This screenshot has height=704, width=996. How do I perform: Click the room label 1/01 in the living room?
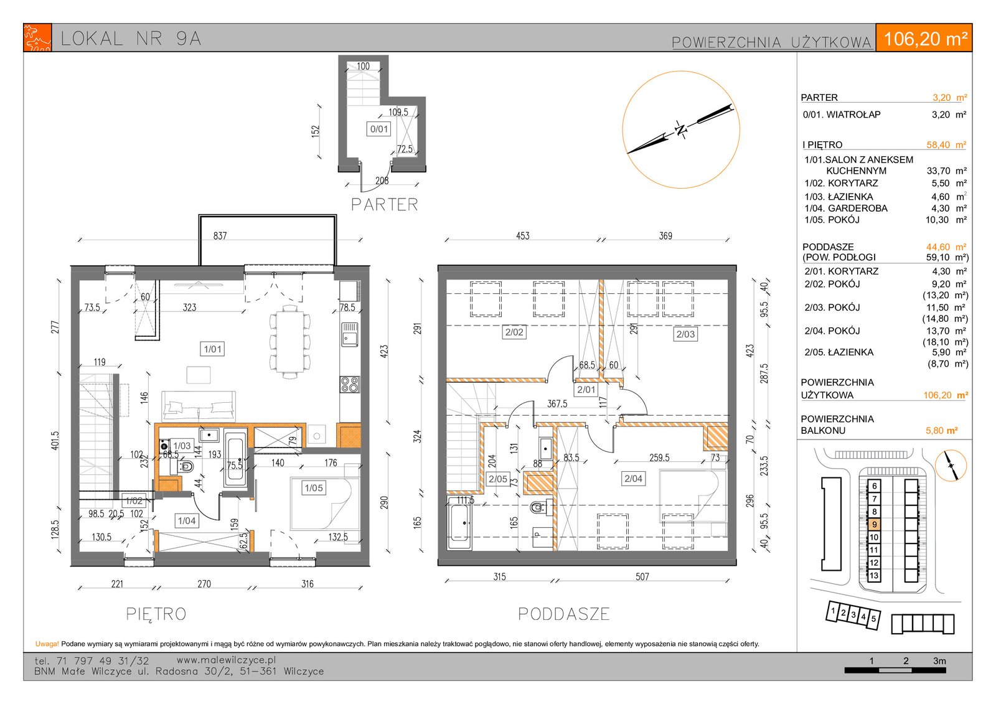pyautogui.click(x=212, y=349)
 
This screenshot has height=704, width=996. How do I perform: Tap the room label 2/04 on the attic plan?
pyautogui.click(x=633, y=479)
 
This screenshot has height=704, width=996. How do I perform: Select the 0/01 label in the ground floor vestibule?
pyautogui.click(x=379, y=129)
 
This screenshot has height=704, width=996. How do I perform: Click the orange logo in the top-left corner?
pyautogui.click(x=38, y=38)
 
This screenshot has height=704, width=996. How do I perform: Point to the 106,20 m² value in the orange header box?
pyautogui.click(x=925, y=39)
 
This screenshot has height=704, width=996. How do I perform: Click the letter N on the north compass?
pyautogui.click(x=680, y=129)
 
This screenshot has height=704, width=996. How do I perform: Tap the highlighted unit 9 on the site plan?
pyautogui.click(x=874, y=524)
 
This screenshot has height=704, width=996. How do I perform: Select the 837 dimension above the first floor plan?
pyautogui.click(x=220, y=236)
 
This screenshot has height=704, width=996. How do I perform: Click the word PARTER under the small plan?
pyautogui.click(x=385, y=205)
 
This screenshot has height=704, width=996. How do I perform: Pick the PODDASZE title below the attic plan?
pyautogui.click(x=564, y=614)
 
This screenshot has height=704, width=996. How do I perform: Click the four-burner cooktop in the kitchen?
pyautogui.click(x=349, y=385)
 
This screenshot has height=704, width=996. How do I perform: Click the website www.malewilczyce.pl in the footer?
pyautogui.click(x=227, y=660)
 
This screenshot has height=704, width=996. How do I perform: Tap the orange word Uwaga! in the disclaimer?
pyautogui.click(x=47, y=644)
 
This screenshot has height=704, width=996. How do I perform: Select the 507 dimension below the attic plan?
pyautogui.click(x=642, y=577)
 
